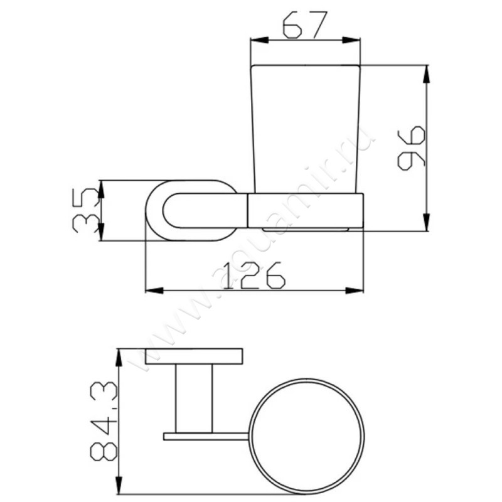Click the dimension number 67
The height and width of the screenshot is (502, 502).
click(x=305, y=25)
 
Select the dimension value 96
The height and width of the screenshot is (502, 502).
click(x=411, y=148)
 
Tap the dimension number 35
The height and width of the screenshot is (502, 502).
click(x=85, y=210)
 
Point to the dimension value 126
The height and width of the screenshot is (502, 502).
click(x=254, y=275)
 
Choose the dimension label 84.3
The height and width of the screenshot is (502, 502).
click(x=104, y=420)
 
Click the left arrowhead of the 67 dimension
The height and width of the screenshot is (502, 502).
click(x=260, y=40)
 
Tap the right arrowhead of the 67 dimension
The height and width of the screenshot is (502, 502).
click(x=351, y=40)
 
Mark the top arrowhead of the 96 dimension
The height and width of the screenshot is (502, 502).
click(x=426, y=74)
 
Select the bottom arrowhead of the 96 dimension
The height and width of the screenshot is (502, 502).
click(x=426, y=222)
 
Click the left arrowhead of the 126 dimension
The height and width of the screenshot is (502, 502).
click(x=154, y=291)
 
